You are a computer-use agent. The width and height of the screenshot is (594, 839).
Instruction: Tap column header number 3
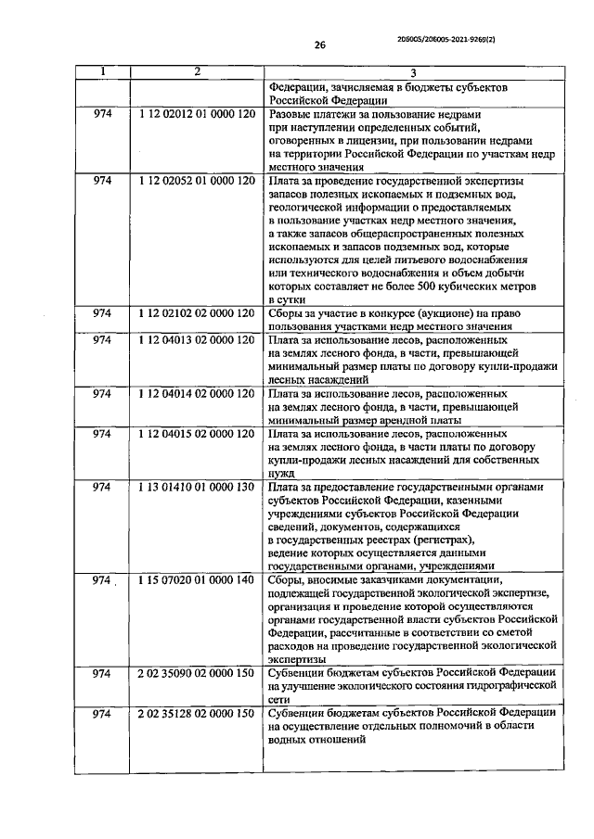pos(413,73)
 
